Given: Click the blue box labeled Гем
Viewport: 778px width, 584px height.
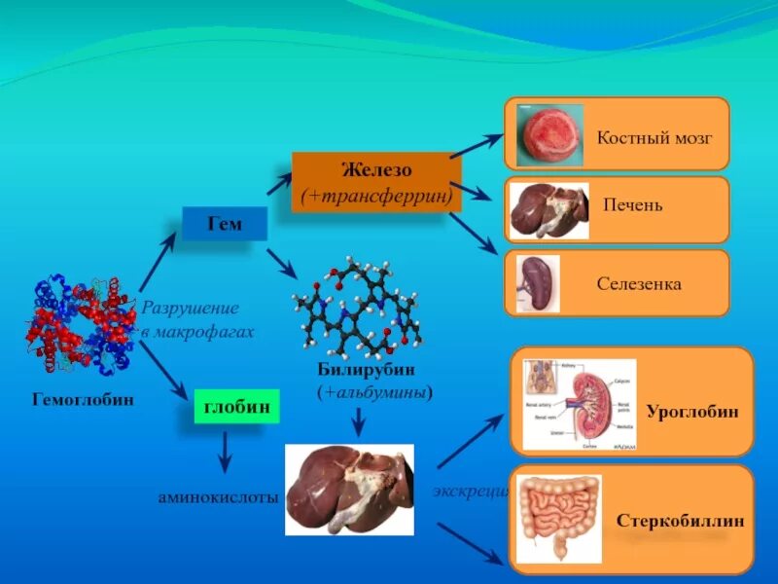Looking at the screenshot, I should pos(224,225).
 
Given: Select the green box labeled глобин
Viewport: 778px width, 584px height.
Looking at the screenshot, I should pos(236,407).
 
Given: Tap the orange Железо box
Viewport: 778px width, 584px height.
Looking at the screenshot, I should pos(376,182).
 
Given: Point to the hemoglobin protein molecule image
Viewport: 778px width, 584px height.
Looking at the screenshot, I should pos(83,324).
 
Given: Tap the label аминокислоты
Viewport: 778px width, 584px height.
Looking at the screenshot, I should pos(219,496).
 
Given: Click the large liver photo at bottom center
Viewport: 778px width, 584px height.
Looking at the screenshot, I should pos(349,490).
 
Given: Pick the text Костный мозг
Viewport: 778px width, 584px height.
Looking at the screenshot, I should pos(654,137).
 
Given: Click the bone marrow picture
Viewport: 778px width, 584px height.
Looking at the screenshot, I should pos(549,135).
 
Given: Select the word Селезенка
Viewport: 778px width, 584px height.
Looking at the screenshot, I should pos(639,284).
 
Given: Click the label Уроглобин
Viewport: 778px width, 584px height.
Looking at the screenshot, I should pos(695,412).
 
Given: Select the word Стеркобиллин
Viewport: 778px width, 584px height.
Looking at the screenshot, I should pos(681,521).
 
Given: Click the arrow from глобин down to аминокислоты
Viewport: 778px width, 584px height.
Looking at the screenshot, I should pos(225,452).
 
